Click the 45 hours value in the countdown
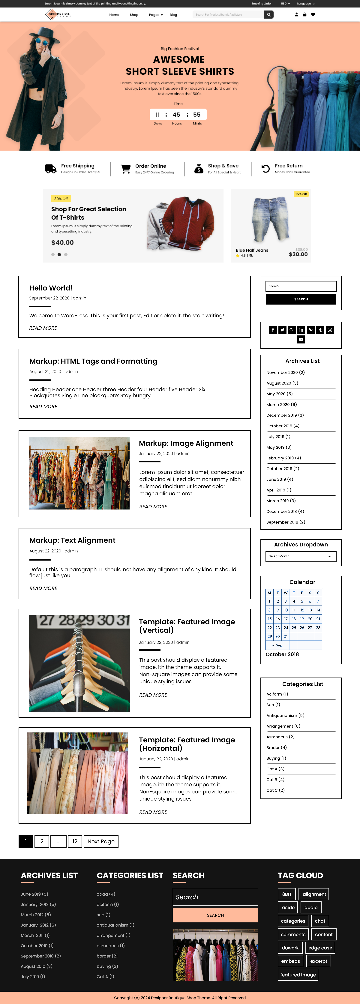coord(176,115)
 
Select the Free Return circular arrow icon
coord(265,169)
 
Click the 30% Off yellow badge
coord(61,199)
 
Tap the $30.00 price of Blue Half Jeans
coord(298,254)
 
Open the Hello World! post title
coord(51,288)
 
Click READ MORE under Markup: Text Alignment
coord(43,588)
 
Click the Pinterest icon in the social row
coord(310,330)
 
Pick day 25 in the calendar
coord(294,628)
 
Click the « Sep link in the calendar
coord(277,645)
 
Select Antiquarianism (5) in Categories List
coord(285,716)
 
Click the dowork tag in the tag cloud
coord(290,948)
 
